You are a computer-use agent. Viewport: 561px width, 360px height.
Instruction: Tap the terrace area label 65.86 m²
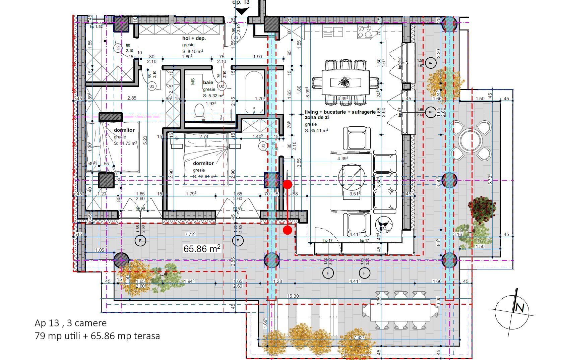[202, 249]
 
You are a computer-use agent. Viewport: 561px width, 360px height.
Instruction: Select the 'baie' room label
[208, 82]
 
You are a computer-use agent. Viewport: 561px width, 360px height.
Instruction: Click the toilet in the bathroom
[200, 112]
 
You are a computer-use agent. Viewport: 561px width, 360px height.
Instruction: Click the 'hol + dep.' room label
[194, 39]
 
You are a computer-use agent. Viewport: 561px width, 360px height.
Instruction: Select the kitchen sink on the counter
[333, 32]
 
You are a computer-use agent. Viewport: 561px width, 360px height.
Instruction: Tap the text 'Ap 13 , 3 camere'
[70, 323]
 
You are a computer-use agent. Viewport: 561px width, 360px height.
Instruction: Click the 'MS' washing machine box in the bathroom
[193, 81]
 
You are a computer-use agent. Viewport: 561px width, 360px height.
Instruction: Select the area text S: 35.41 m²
[316, 131]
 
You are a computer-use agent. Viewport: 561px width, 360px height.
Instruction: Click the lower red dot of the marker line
[287, 230]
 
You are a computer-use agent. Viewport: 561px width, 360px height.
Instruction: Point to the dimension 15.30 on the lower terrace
[293, 296]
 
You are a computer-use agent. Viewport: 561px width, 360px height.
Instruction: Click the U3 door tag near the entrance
[236, 37]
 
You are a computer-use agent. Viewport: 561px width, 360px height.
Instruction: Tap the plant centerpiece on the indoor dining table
[345, 81]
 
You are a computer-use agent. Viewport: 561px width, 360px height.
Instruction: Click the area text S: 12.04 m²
[204, 177]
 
